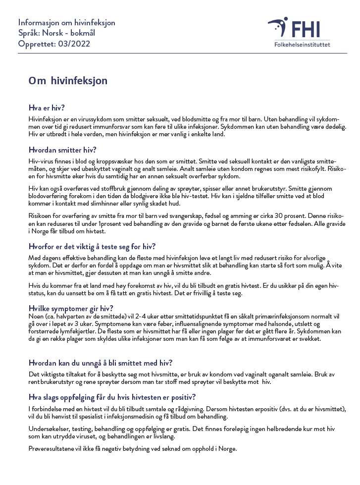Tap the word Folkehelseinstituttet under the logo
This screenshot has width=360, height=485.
(x=302, y=45)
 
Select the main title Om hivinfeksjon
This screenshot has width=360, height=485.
(x=68, y=80)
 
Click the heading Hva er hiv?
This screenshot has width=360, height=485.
(x=47, y=108)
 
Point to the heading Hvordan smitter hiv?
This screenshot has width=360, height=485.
(x=62, y=150)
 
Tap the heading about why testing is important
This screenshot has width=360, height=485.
(x=92, y=246)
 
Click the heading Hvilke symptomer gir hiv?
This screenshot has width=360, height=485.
(x=71, y=308)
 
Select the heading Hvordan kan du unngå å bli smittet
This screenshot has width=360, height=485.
(x=101, y=363)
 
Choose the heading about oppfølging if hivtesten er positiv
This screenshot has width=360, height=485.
(x=112, y=397)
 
